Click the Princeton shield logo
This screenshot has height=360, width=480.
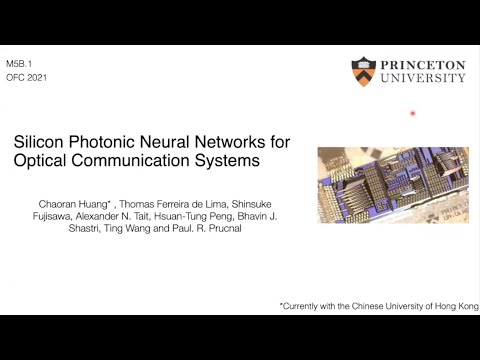tap(363, 71)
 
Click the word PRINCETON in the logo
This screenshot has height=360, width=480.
tap(422, 63)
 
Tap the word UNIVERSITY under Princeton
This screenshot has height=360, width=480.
tap(422, 77)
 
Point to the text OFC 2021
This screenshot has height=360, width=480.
tap(26, 76)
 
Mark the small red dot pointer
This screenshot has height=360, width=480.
tap(413, 114)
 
